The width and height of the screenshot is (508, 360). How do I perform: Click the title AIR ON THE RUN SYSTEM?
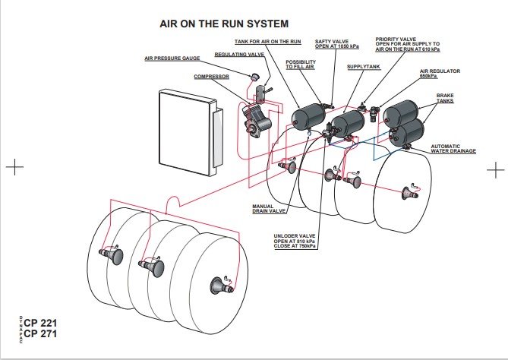(x=224, y=24)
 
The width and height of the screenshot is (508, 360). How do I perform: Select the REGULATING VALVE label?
(x=239, y=55)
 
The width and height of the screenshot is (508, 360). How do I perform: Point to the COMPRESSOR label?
(x=211, y=76)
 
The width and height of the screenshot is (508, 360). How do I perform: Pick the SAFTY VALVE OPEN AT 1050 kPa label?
(x=331, y=44)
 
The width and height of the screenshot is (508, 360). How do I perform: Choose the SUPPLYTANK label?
(x=362, y=67)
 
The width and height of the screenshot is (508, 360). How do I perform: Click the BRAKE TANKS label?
(x=444, y=98)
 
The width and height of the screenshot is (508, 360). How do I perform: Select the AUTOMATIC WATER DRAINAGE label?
(x=453, y=149)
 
